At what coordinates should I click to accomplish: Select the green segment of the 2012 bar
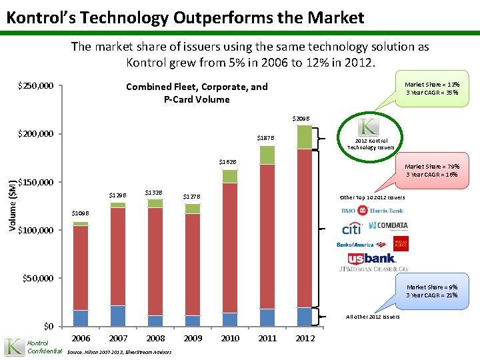tap(305, 137)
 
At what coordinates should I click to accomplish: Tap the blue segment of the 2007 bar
tap(118, 315)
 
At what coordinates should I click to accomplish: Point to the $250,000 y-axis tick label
tap(37, 87)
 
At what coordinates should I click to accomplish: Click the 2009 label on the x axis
tap(193, 339)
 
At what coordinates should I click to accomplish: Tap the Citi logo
tap(351, 229)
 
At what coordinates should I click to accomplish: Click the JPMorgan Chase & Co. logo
tap(374, 270)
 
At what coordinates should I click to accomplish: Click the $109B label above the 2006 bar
tap(80, 213)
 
